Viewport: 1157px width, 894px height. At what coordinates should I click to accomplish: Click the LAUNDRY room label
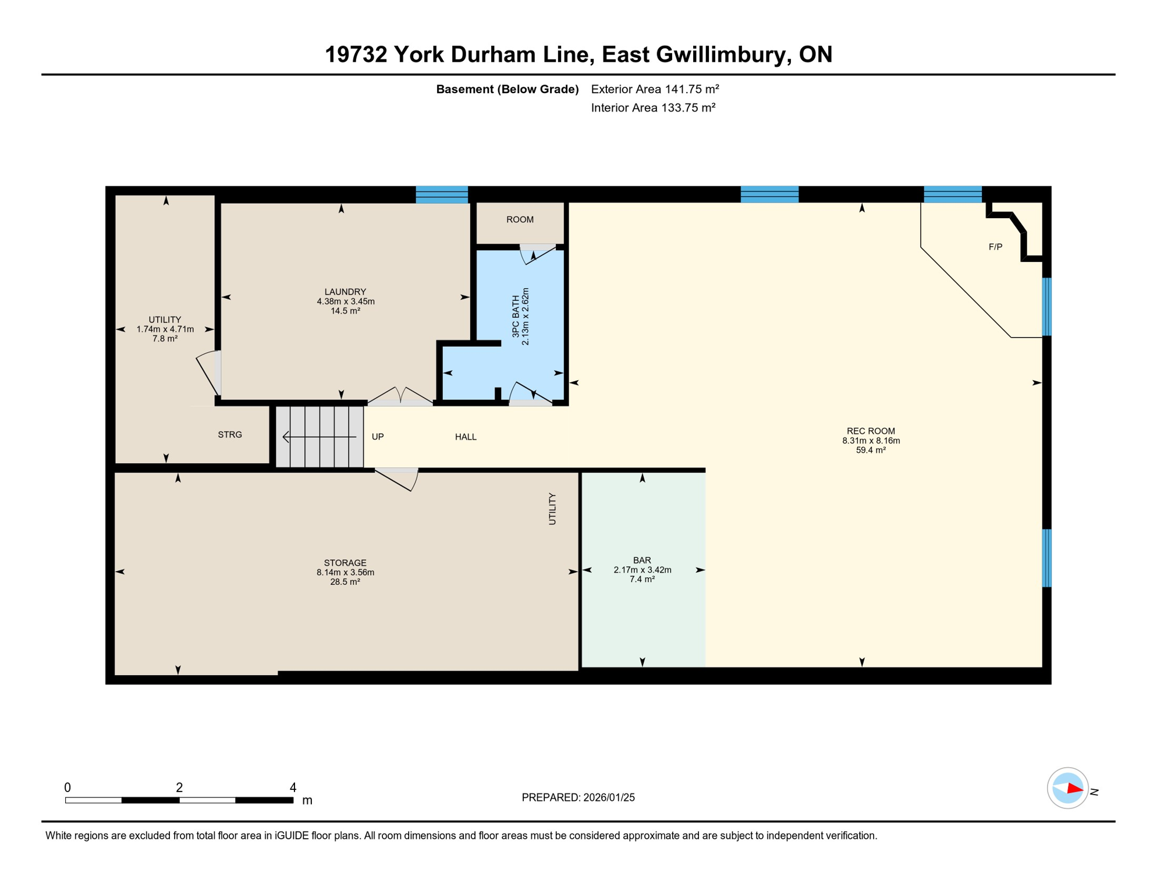(345, 292)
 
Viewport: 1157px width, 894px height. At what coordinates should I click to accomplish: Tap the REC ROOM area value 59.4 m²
(871, 450)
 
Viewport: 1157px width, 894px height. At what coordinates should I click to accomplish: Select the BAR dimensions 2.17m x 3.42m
(642, 570)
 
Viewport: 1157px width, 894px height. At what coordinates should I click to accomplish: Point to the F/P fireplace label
(995, 247)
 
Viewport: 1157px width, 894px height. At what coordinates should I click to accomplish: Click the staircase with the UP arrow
(320, 437)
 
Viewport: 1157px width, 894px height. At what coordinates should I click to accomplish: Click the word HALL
(466, 437)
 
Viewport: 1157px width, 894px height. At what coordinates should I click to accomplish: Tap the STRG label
(230, 435)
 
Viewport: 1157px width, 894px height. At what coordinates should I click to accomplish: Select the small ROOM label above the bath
(520, 219)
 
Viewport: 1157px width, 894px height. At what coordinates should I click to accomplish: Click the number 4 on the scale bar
(293, 787)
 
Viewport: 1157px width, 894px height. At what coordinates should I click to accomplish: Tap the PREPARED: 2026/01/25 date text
(578, 797)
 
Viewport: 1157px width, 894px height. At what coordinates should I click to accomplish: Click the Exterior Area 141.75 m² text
(655, 89)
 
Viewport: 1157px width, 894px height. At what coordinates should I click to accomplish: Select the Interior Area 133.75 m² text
(653, 108)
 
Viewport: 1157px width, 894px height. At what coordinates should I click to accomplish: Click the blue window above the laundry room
(442, 194)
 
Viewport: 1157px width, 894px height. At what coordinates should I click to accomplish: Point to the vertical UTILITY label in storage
(552, 509)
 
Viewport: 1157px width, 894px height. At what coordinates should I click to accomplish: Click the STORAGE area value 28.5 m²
(345, 581)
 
